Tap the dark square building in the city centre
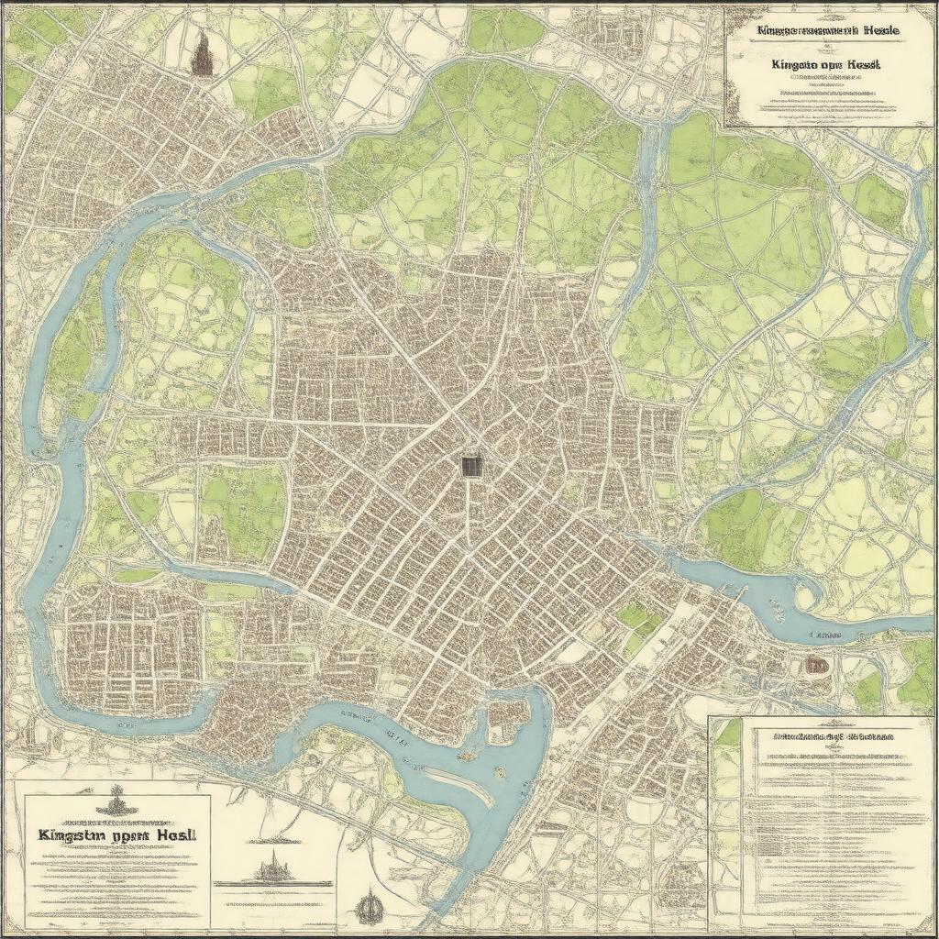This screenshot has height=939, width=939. click(x=470, y=466)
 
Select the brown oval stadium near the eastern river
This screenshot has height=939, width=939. click(x=814, y=665)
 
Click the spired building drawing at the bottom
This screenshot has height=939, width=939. click(x=275, y=867)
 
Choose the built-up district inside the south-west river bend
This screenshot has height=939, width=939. click(x=128, y=646)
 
